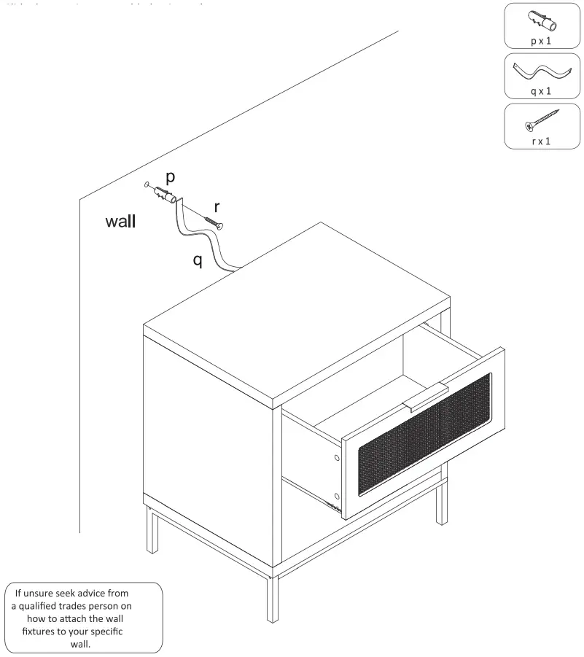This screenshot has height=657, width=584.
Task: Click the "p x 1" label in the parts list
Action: (x=540, y=42)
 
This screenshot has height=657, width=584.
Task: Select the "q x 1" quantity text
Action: (x=540, y=91)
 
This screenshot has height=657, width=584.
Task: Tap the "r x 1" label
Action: (x=540, y=141)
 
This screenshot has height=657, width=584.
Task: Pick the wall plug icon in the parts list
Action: (x=540, y=22)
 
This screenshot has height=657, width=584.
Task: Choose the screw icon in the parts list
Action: (x=540, y=120)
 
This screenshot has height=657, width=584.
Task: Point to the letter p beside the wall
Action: (x=170, y=177)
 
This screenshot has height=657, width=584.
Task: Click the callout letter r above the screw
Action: (x=217, y=206)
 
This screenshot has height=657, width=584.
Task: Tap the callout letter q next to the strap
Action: (x=197, y=260)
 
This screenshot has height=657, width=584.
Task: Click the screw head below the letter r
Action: (x=219, y=225)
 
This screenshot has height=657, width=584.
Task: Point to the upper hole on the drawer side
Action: (x=337, y=457)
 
